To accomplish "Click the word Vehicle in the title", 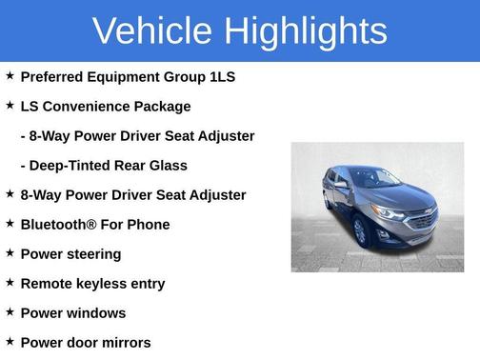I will coord(152,30).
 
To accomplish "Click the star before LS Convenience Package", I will coord(10,105).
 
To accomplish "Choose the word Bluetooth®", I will coord(61,225).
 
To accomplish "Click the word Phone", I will coord(150,225).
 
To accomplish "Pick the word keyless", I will coord(110,284).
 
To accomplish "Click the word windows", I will coord(93,313).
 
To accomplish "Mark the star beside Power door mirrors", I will coord(10,341).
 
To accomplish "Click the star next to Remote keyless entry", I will coord(10,282).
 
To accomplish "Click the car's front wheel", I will coord(360,231).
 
